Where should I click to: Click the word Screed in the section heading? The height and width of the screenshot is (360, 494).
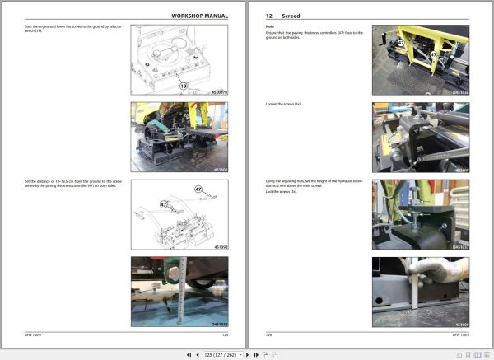click(291, 16)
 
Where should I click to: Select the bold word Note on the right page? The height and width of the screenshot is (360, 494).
click(269, 26)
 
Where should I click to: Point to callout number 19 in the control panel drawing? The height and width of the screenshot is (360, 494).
click(184, 84)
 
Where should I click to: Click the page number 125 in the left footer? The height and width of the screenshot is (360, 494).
click(225, 334)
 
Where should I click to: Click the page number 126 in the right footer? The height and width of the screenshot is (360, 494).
click(268, 334)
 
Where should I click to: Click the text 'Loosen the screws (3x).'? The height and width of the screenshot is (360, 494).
click(285, 105)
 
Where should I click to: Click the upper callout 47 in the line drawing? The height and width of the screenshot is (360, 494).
click(198, 189)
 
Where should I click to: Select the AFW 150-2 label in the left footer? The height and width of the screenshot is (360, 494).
click(34, 334)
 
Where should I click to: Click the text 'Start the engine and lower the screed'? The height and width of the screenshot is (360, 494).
click(58, 28)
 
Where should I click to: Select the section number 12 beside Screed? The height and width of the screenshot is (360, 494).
click(269, 16)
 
